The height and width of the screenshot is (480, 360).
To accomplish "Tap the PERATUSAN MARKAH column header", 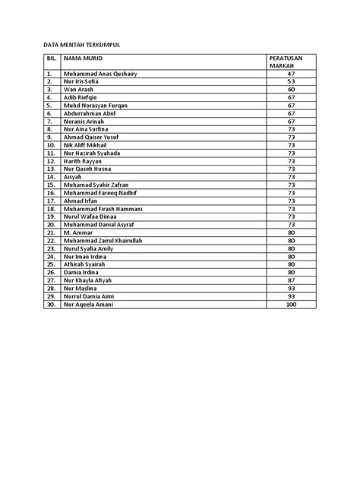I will pos(286,62).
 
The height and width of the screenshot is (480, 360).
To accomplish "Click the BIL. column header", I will pos(51,58).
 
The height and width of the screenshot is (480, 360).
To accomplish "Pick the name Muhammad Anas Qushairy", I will pos(100,74).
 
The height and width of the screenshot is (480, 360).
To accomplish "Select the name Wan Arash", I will pos(80,90).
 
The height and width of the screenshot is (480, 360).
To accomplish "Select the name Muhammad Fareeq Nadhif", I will pos(101,192).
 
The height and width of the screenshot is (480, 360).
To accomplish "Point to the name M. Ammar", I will pos(78,232).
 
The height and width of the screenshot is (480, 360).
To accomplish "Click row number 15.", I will pos(51,185).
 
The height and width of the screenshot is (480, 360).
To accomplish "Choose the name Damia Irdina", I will pos(82,271).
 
